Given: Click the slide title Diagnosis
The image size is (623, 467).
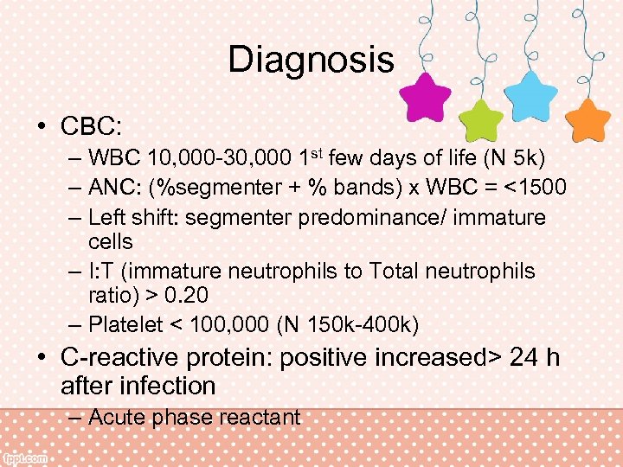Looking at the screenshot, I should click(311, 60).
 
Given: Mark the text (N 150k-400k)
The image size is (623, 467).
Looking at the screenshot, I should click(350, 325).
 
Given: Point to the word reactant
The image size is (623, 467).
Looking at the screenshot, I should click(257, 417).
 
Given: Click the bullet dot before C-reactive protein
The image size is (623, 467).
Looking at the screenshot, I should click(42, 356).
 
